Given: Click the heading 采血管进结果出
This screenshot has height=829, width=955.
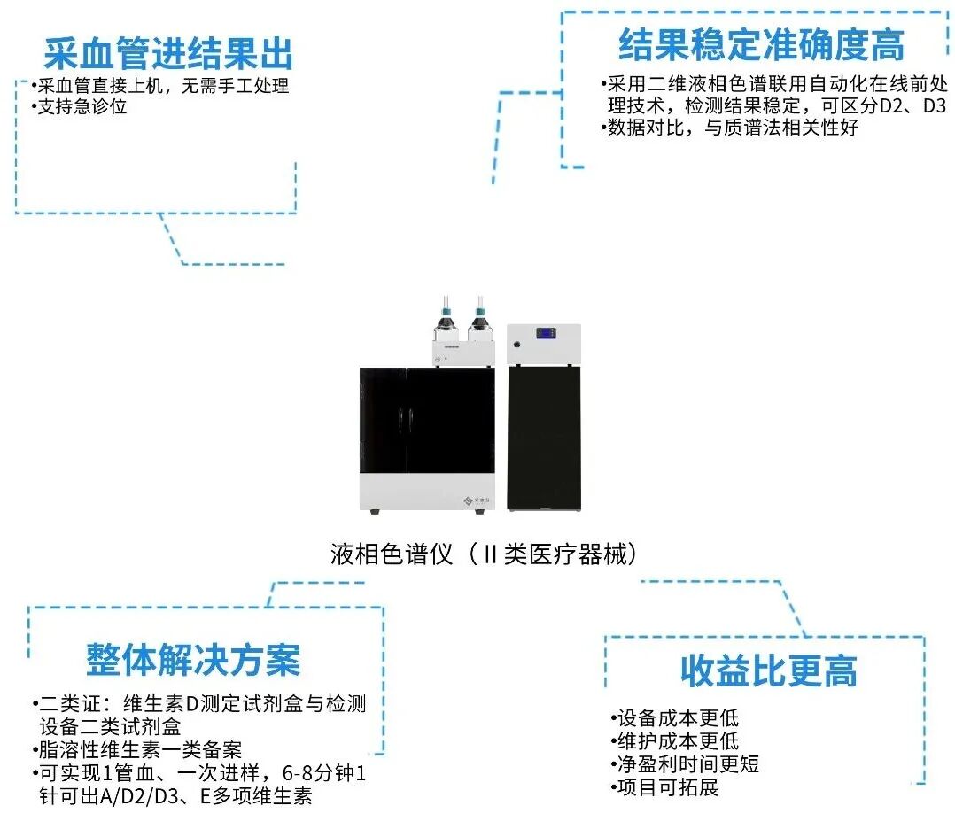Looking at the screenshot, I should (168, 54).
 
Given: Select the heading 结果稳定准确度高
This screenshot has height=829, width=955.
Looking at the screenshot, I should (761, 43).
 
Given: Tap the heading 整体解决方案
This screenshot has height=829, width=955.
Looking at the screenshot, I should (193, 660).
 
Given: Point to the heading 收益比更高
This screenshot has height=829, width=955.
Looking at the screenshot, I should (768, 670).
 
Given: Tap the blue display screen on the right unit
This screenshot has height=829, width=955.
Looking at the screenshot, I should (544, 334).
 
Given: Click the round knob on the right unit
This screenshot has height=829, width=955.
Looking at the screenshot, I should (514, 359).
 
